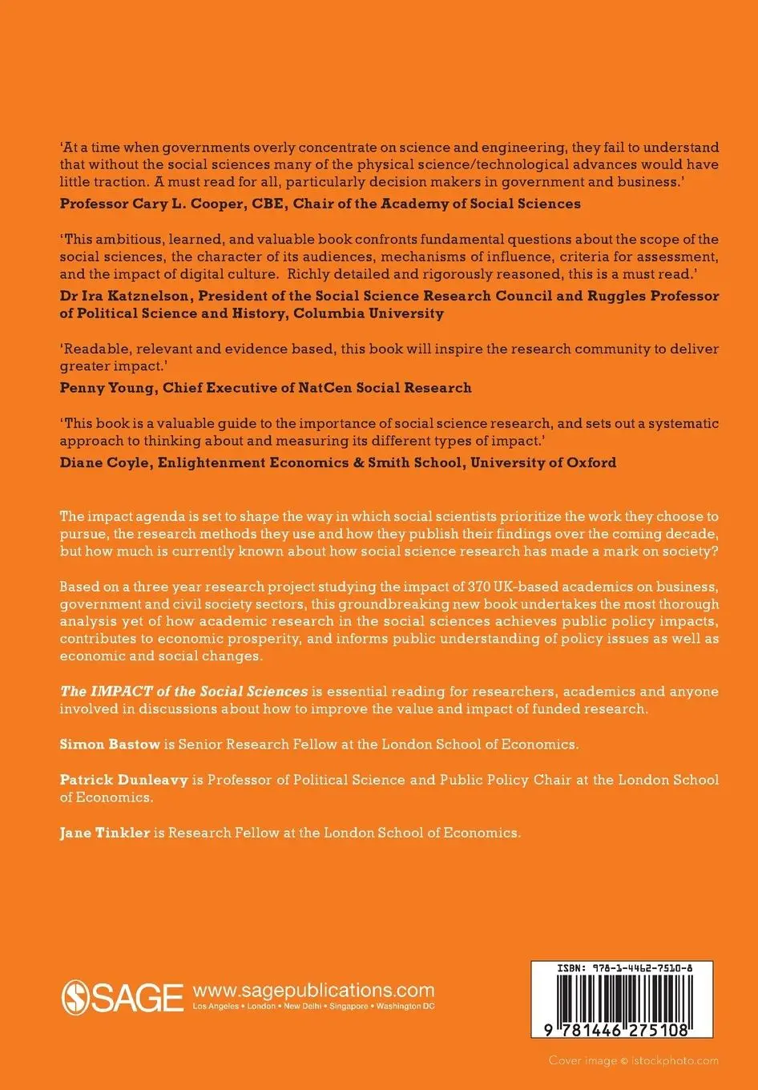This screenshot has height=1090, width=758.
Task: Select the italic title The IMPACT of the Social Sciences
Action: (183, 691)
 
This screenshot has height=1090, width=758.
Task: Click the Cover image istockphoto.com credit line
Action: (633, 1060)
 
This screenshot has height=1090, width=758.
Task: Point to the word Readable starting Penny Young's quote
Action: (92, 349)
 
